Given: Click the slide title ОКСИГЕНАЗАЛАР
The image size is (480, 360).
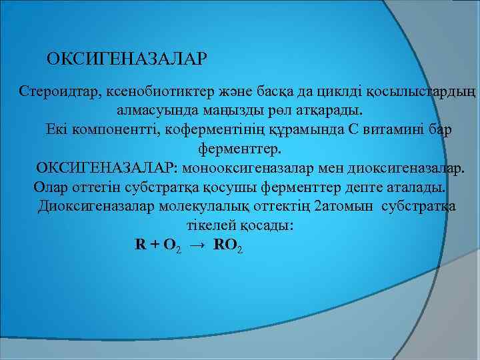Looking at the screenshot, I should click(127, 59).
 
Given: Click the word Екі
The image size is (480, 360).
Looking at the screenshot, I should click(59, 129).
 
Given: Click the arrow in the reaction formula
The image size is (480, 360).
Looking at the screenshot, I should click(197, 245).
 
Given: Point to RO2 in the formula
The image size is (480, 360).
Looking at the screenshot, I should click(228, 245).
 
